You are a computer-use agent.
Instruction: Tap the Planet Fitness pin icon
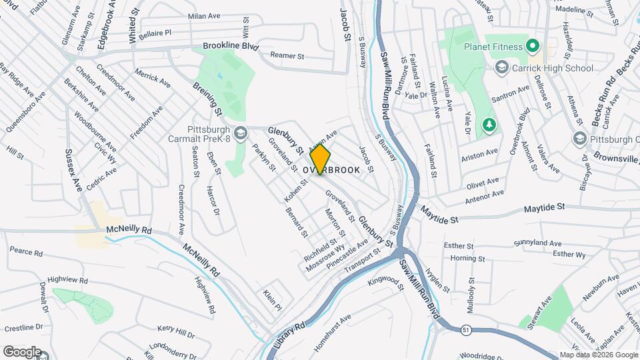[x=532, y=46]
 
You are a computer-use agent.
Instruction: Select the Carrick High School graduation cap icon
[x=501, y=67]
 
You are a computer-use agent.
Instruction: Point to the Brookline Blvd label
[x=231, y=47]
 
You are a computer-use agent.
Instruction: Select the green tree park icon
[x=489, y=125]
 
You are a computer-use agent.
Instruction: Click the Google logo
[x=22, y=351]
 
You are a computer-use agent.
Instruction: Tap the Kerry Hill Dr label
[x=175, y=331]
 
